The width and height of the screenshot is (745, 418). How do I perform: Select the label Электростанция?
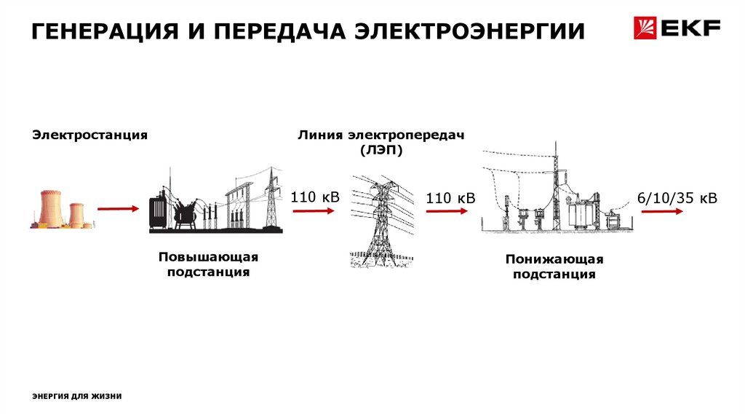pyautogui.click(x=89, y=135)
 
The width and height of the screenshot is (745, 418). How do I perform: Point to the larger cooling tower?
pyautogui.click(x=51, y=208)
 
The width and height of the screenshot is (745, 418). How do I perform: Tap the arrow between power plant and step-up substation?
pyautogui.click(x=117, y=209)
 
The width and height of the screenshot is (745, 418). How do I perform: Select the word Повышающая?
pyautogui.click(x=208, y=258)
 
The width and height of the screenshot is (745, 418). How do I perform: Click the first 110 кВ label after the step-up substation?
pyautogui.click(x=315, y=196)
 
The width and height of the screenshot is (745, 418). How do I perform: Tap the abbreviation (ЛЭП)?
pyautogui.click(x=380, y=149)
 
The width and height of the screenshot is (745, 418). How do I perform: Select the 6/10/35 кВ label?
pyautogui.click(x=677, y=198)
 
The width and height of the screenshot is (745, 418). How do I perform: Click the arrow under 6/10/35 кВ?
pyautogui.click(x=661, y=211)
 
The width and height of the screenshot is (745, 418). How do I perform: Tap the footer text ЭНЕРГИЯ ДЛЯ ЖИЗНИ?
pyautogui.click(x=77, y=396)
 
